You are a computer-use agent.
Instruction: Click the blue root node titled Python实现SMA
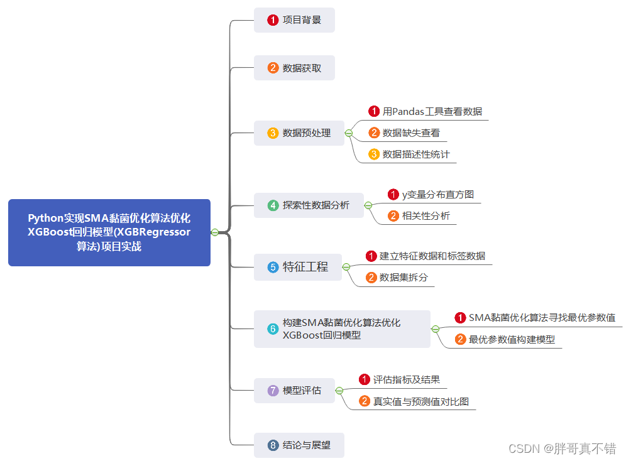(109, 232)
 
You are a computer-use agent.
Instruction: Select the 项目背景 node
(294, 20)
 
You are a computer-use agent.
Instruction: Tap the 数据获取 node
(294, 68)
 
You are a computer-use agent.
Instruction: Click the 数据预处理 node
(299, 133)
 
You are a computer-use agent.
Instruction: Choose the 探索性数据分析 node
(309, 205)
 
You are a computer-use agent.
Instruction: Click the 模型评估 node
(294, 391)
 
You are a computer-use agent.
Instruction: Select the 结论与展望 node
(299, 445)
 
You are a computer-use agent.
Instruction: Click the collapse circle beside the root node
(215, 232)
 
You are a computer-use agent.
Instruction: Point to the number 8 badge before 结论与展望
(273, 445)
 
